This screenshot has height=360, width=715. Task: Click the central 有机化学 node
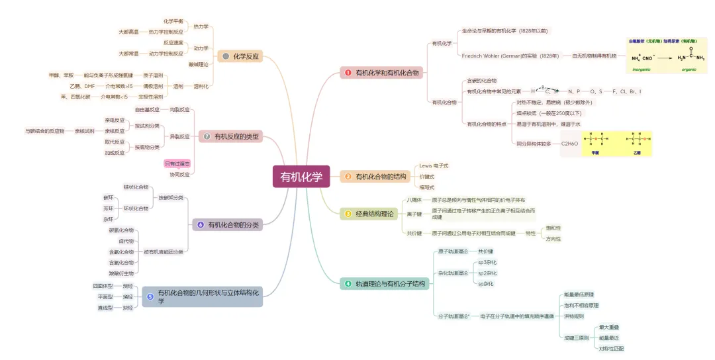click(x=301, y=177)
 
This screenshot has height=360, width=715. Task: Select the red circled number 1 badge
click(x=348, y=73)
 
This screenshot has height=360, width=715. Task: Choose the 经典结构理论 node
click(x=370, y=214)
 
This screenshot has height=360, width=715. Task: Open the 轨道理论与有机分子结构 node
click(x=385, y=284)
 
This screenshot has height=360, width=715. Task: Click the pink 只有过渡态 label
click(x=177, y=163)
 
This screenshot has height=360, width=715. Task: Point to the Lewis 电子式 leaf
click(x=434, y=165)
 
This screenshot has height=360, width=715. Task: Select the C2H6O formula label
click(x=569, y=143)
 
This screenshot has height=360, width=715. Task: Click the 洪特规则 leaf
click(x=573, y=316)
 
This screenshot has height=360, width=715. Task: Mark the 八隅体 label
click(x=414, y=200)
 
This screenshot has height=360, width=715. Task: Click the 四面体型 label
click(x=103, y=286)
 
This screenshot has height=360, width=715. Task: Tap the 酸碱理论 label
click(x=198, y=64)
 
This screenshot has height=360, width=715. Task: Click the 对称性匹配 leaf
click(x=610, y=348)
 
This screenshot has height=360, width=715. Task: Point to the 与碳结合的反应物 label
click(x=45, y=131)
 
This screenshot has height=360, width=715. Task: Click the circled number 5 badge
click(x=150, y=297)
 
